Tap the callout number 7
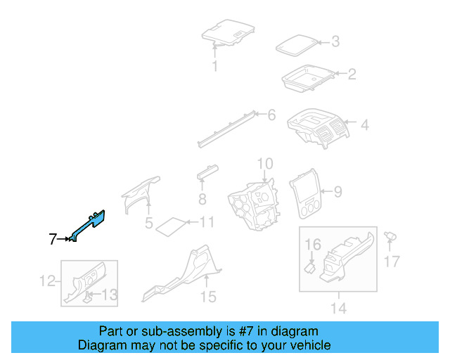click(53, 240)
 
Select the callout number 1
click(215, 67)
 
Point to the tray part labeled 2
click(307, 77)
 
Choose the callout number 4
click(365, 126)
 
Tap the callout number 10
click(264, 165)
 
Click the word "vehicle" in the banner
click(311, 345)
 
